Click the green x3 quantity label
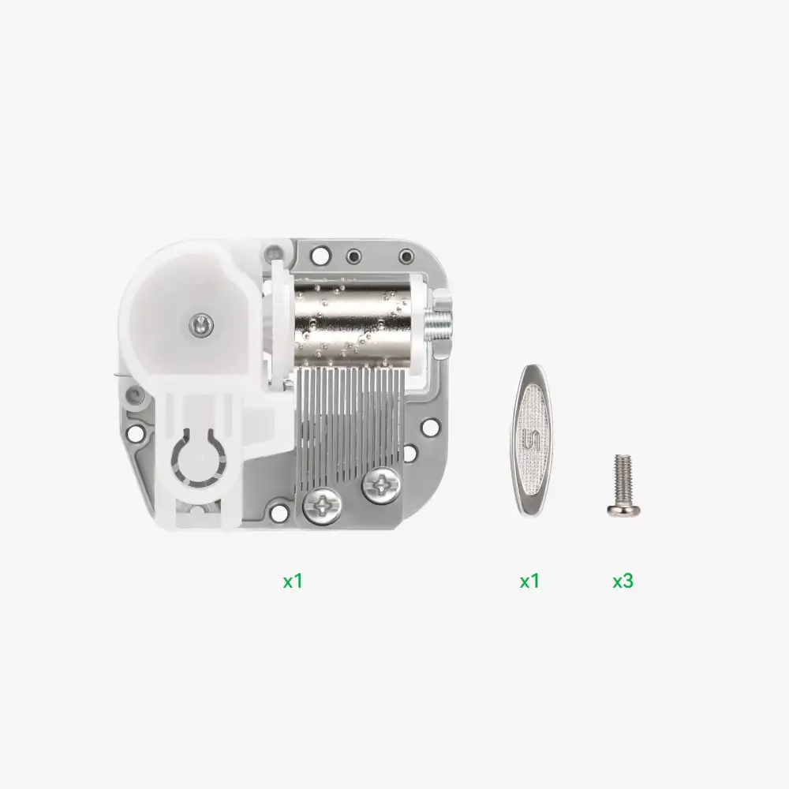(623, 581)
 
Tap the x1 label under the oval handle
(529, 581)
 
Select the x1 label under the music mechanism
(293, 581)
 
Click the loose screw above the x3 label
(623, 486)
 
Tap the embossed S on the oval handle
(533, 439)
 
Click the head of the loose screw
(623, 510)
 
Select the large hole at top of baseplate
(320, 256)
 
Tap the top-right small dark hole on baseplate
(406, 256)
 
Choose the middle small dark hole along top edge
(353, 256)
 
